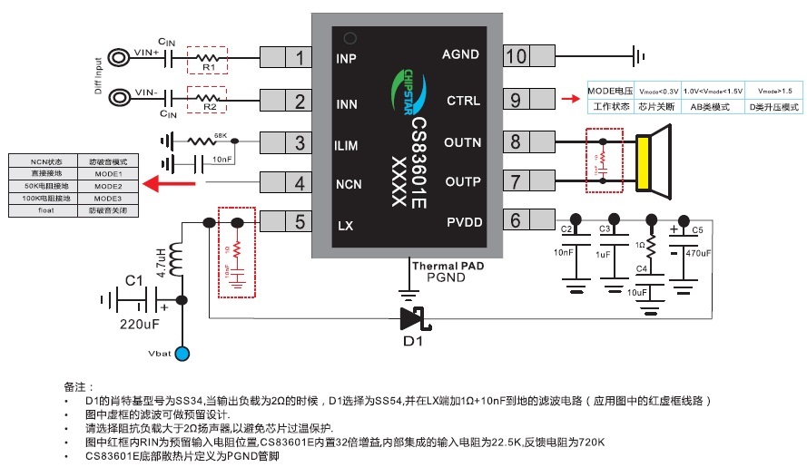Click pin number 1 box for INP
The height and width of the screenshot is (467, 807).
tap(299, 58)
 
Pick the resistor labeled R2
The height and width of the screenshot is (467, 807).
tap(208, 99)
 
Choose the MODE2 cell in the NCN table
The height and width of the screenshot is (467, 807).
tap(107, 185)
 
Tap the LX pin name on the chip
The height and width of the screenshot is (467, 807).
tap(346, 226)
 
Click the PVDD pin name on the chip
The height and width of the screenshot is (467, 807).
tap(464, 223)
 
